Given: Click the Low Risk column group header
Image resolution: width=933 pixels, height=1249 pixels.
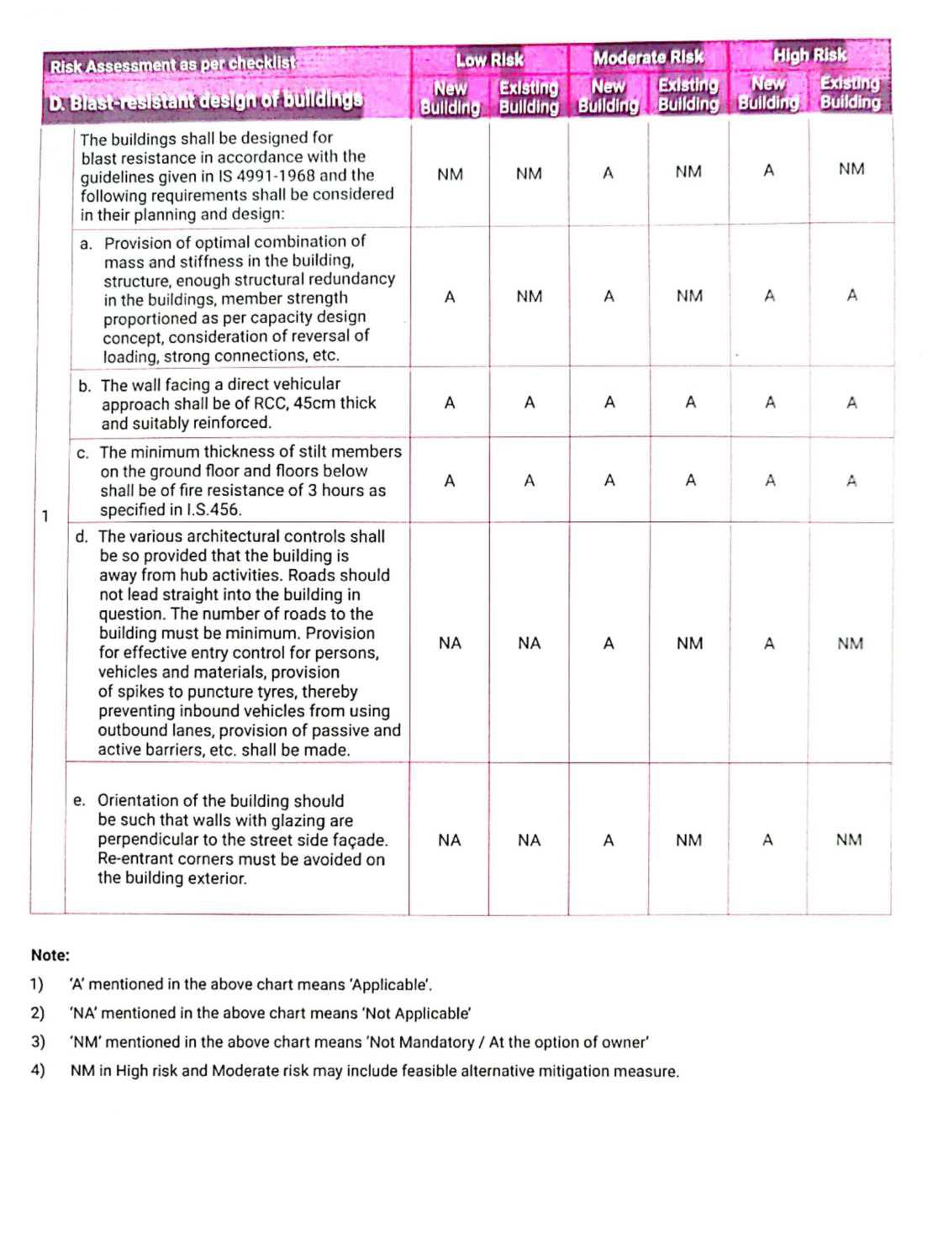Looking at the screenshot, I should [489, 60].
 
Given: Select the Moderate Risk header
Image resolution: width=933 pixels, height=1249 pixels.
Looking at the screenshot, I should [648, 58].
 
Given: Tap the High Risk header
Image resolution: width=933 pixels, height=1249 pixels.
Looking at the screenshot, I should [809, 55].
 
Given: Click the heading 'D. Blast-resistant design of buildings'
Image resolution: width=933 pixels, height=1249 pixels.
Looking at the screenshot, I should [206, 101].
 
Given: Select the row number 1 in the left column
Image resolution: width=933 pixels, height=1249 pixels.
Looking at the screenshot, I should [45, 516].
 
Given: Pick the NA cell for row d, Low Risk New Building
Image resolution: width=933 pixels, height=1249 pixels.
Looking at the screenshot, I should [450, 643].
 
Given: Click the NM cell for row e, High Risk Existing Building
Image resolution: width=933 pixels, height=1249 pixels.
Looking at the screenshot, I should [849, 840].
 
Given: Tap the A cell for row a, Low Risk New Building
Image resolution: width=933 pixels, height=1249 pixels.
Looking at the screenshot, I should [450, 297].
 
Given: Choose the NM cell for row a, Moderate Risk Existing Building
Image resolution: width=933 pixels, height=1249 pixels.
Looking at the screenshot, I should [689, 296].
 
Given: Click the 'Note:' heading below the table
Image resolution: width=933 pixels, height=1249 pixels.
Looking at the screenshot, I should [50, 955].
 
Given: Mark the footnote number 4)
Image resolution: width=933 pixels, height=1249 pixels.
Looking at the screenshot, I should [37, 1071].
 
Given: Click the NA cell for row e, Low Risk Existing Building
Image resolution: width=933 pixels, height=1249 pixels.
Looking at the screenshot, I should [530, 841].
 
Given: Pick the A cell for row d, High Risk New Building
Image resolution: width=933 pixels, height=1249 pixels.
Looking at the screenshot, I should [768, 644].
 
